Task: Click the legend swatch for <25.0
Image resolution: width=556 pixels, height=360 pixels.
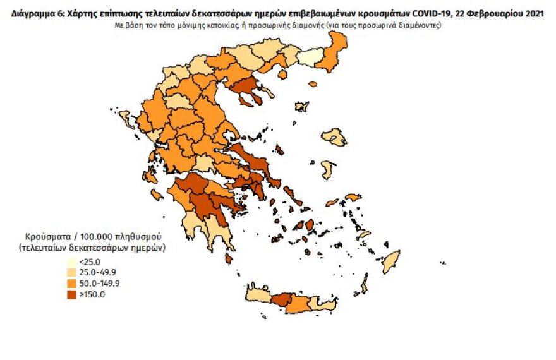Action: [x=72, y=261]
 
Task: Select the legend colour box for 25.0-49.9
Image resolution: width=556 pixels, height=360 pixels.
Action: [x=72, y=272]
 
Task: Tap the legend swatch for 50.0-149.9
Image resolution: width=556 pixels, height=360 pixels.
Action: [x=72, y=283]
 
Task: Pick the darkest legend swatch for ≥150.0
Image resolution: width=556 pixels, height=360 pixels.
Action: [x=72, y=294]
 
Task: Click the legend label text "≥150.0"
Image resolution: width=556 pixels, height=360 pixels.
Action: [x=93, y=294]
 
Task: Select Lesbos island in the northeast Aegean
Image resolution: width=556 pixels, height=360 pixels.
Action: [x=334, y=137]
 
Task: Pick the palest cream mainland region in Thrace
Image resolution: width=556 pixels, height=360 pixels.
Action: [x=310, y=59]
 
